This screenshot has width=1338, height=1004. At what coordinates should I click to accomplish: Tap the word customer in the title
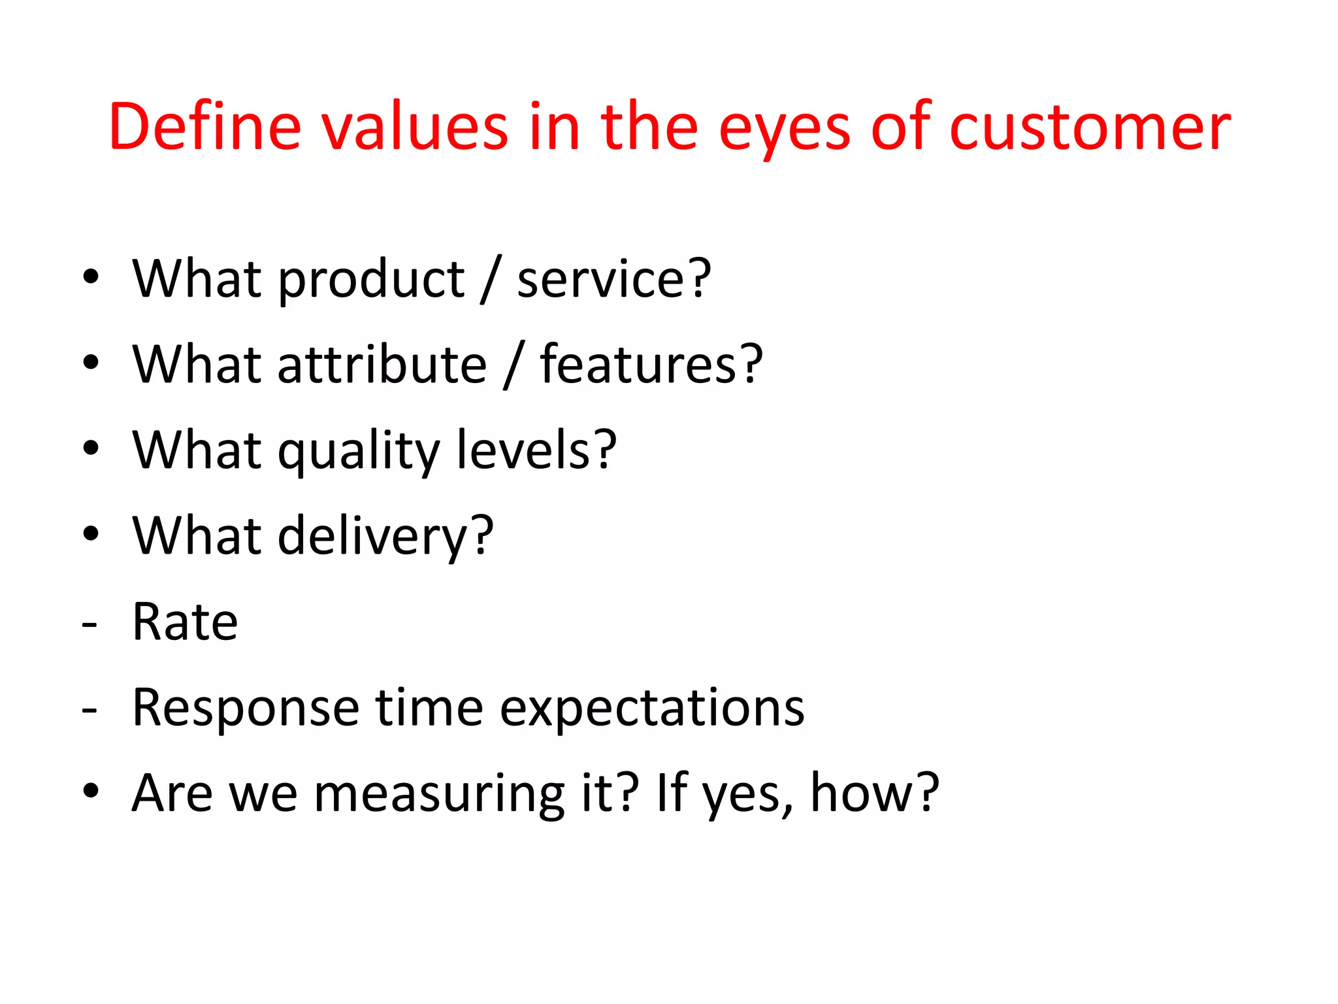(x=1089, y=127)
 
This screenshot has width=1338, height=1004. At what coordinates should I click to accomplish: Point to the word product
(x=371, y=280)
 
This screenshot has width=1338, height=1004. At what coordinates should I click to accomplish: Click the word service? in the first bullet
(x=613, y=279)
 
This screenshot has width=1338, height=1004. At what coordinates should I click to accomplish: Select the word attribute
(x=382, y=364)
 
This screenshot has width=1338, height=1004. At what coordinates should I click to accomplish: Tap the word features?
(x=651, y=364)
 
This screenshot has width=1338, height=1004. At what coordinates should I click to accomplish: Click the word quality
(x=358, y=452)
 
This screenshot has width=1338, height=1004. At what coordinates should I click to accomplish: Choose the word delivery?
(x=385, y=537)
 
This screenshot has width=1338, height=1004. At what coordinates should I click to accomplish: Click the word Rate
(x=185, y=622)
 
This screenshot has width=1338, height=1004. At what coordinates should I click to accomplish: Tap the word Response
(x=246, y=709)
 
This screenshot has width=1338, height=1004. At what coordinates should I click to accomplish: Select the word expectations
(x=652, y=709)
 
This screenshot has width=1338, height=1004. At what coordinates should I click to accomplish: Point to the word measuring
(x=439, y=795)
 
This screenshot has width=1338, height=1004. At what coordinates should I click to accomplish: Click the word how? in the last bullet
(x=874, y=793)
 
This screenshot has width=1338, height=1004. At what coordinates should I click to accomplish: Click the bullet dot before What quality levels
(x=91, y=448)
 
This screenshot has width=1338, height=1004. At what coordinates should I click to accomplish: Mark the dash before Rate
(x=90, y=625)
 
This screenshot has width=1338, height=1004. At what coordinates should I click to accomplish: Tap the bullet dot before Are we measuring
(x=91, y=791)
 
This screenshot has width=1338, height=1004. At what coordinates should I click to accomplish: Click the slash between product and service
(x=491, y=280)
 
